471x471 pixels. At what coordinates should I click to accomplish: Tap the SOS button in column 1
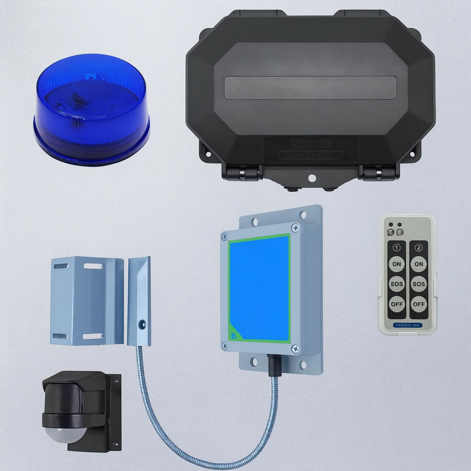pyautogui.click(x=396, y=284)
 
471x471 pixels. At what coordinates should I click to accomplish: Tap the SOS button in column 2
pyautogui.click(x=419, y=284)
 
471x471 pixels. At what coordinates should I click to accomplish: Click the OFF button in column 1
pyautogui.click(x=396, y=304)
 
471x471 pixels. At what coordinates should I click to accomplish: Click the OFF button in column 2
pyautogui.click(x=419, y=304)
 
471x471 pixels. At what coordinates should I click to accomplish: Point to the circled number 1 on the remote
pyautogui.click(x=396, y=247)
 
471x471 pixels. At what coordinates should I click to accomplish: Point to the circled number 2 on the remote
pyautogui.click(x=419, y=247)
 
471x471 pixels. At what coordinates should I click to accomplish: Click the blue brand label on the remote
pyautogui.click(x=408, y=325)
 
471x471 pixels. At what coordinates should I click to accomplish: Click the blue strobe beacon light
pyautogui.click(x=92, y=109)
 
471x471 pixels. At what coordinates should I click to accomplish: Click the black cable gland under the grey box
pyautogui.click(x=274, y=365)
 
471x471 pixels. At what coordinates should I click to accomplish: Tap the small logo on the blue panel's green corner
pyautogui.click(x=234, y=335)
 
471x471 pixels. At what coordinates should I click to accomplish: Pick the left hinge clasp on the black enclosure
pyautogui.click(x=242, y=173)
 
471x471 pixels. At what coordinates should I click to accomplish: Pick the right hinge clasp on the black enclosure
pyautogui.click(x=378, y=173)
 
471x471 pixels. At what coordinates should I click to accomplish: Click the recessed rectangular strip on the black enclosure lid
pyautogui.click(x=310, y=88)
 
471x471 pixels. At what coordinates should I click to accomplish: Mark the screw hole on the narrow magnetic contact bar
pyautogui.click(x=142, y=324)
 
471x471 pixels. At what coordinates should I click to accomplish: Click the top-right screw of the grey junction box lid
pyautogui.click(x=295, y=228)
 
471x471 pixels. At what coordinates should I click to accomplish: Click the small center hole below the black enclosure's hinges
pyautogui.click(x=311, y=178)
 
